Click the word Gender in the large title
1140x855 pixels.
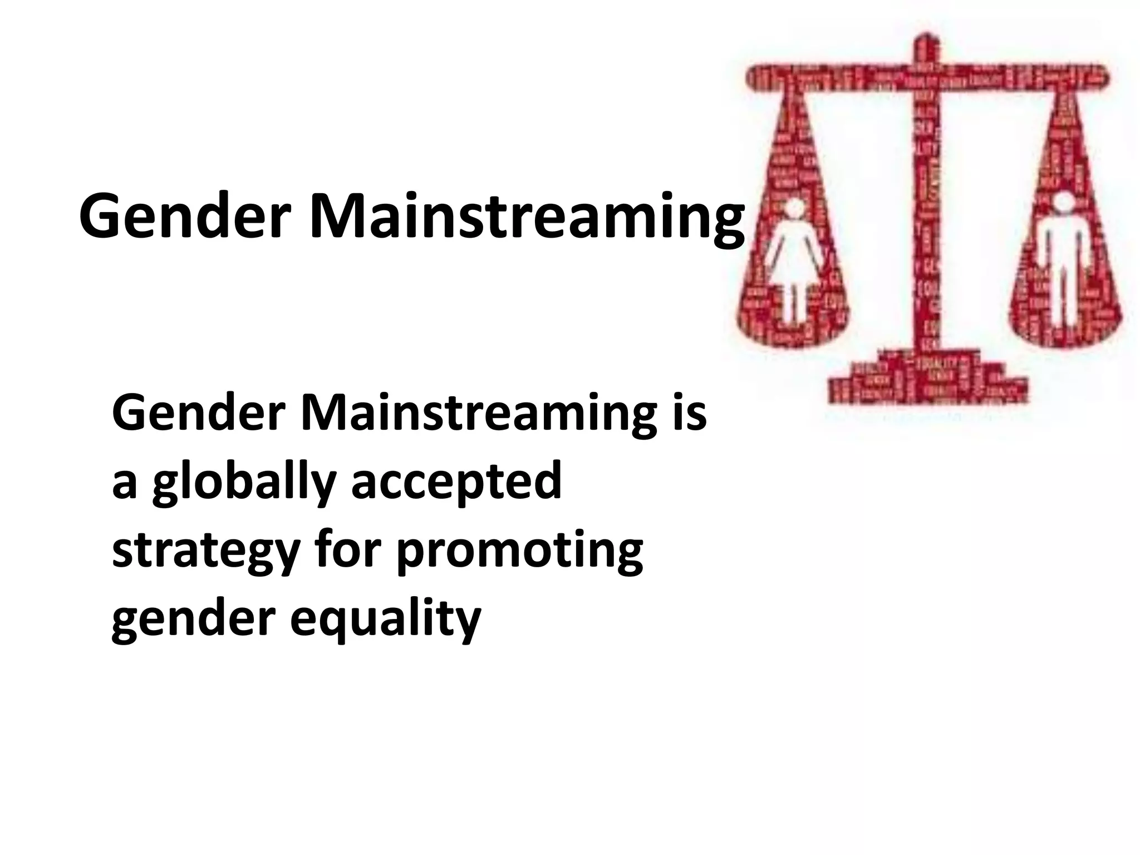[x=186, y=215]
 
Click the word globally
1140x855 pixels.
[x=244, y=482]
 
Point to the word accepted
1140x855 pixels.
[x=456, y=482]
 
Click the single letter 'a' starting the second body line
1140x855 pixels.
[x=124, y=483]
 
